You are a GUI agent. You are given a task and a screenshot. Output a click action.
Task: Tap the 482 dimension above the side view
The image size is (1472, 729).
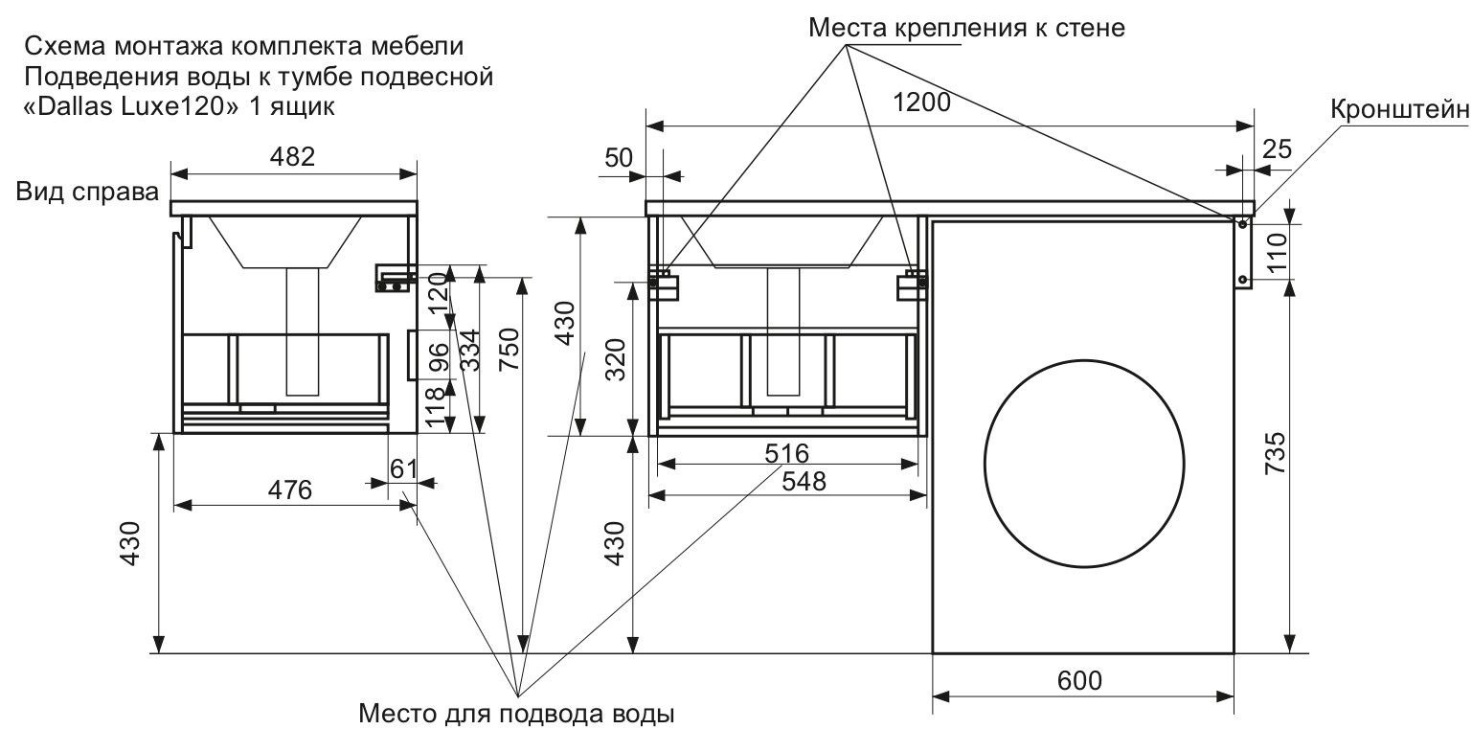292,156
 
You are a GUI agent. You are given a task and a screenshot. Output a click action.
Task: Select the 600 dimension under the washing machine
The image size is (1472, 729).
1079,681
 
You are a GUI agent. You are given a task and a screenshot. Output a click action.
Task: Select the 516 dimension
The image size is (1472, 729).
787,452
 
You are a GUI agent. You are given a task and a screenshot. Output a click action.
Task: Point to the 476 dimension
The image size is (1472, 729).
289,490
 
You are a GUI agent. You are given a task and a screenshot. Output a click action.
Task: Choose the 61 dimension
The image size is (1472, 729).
404,468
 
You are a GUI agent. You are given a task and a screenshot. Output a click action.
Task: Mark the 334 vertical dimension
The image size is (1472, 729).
469,350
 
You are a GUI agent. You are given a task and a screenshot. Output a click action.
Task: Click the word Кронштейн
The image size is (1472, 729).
1399,110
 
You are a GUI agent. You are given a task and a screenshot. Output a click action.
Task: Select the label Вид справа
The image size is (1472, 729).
87,193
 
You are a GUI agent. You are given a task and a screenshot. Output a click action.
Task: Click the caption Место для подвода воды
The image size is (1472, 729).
517,714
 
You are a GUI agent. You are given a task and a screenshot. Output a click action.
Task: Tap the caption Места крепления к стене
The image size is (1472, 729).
965,28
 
